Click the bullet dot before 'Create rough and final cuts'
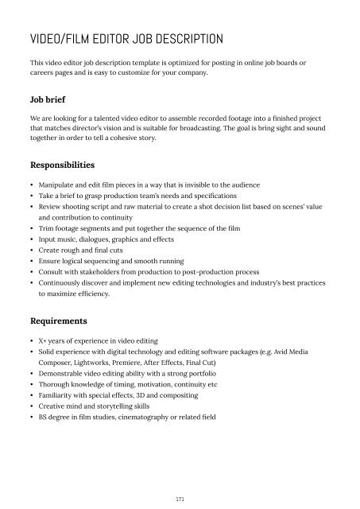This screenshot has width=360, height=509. (30, 260)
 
